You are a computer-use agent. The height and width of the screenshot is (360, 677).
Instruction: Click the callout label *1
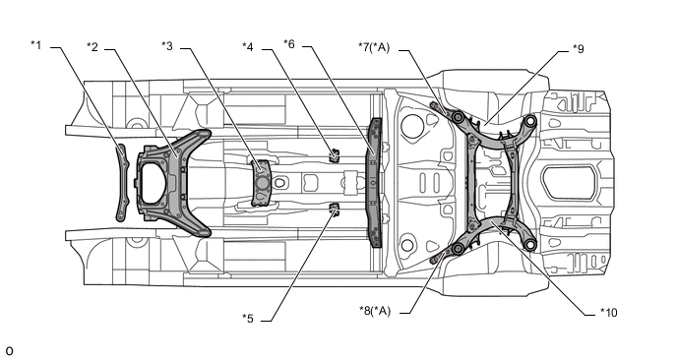tap(36, 44)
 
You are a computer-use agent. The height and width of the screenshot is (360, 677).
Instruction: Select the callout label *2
tap(92, 46)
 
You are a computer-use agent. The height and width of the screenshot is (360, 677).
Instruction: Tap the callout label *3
tap(167, 45)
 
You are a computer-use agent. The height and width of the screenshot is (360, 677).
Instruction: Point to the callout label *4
tap(248, 46)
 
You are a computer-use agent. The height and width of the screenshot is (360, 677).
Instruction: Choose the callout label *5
tap(248, 319)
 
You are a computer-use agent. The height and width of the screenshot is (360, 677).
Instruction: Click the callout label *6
tap(289, 43)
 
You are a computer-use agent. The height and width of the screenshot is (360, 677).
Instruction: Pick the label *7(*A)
tap(374, 47)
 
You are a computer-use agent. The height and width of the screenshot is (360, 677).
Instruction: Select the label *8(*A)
tap(375, 311)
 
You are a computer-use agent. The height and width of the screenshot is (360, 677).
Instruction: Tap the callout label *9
tap(579, 49)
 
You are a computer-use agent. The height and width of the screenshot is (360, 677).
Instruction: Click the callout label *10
tap(609, 312)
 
